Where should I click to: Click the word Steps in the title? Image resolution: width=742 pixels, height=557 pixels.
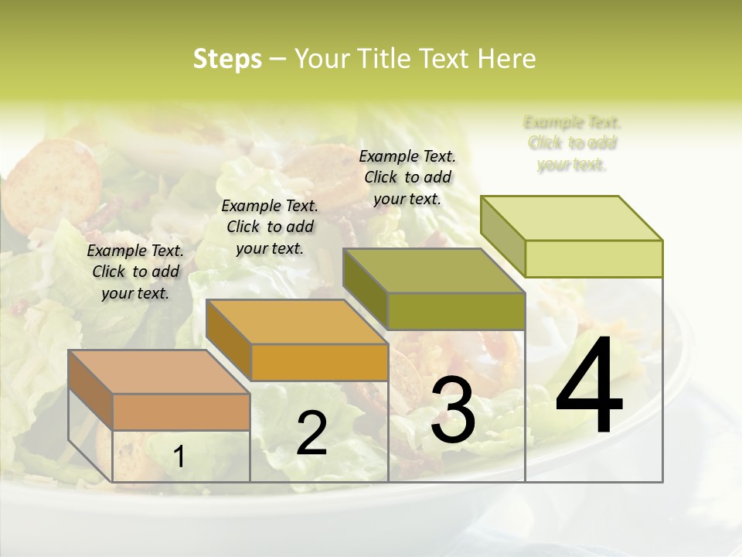pyautogui.click(x=227, y=59)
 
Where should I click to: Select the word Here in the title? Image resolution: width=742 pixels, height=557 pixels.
pyautogui.click(x=506, y=59)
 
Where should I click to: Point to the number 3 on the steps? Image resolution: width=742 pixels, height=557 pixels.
pyautogui.click(x=453, y=410)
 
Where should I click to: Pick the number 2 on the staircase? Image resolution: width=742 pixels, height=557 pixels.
pyautogui.click(x=311, y=433)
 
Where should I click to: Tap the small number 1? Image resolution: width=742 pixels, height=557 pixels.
pyautogui.click(x=179, y=457)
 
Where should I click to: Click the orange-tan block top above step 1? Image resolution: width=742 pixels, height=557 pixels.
pyautogui.click(x=158, y=371)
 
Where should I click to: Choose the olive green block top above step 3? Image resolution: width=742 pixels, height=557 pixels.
pyautogui.click(x=434, y=271)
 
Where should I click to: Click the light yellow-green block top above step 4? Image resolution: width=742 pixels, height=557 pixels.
pyautogui.click(x=571, y=217)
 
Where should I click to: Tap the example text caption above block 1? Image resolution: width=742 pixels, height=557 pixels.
pyautogui.click(x=135, y=272)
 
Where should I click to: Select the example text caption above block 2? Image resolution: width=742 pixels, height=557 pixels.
pyautogui.click(x=270, y=227)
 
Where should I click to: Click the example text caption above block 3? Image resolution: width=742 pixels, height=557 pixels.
pyautogui.click(x=407, y=177)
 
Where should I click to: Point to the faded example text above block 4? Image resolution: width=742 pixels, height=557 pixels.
pyautogui.click(x=572, y=143)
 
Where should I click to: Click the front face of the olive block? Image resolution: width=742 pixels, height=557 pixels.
pyautogui.click(x=456, y=312)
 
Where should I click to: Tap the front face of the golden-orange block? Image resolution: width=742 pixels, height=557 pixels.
pyautogui.click(x=319, y=362)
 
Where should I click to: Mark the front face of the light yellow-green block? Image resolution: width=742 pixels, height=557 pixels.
pyautogui.click(x=594, y=258)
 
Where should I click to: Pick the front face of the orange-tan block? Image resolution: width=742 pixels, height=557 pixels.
pyautogui.click(x=181, y=412)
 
